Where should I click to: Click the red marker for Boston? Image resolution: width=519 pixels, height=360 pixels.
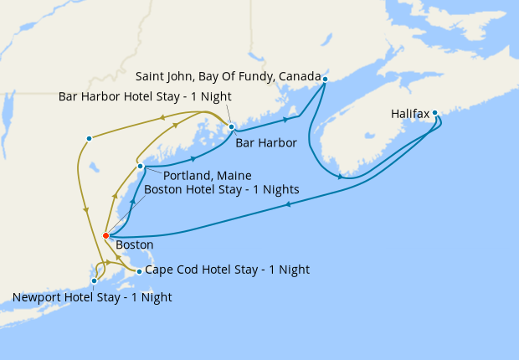click(105, 236)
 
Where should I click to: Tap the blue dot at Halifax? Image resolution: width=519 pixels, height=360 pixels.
click(435, 112)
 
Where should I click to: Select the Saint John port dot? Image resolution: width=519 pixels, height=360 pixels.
click(325, 79)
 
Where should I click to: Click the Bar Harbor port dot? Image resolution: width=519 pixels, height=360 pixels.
click(232, 127)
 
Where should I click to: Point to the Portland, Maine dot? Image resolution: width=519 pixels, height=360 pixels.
click(141, 167)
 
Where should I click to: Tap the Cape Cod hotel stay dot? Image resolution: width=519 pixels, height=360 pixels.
click(139, 271)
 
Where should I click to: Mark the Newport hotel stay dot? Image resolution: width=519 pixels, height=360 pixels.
click(94, 280)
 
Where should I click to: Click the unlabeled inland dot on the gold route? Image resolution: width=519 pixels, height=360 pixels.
click(89, 138)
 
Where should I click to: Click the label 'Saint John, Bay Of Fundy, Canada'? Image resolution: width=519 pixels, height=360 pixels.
click(228, 77)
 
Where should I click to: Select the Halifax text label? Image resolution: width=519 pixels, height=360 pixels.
click(410, 113)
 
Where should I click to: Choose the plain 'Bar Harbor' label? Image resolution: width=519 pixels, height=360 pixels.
click(266, 143)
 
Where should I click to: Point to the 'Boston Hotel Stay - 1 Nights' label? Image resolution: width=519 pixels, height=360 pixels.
click(222, 190)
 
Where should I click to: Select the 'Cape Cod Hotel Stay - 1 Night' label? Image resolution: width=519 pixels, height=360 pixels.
click(227, 270)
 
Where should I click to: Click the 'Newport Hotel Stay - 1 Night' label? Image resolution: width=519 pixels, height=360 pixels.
click(93, 296)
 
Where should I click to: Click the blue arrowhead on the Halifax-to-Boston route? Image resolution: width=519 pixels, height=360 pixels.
click(289, 206)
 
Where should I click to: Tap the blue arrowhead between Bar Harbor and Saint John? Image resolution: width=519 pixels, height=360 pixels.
click(274, 121)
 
